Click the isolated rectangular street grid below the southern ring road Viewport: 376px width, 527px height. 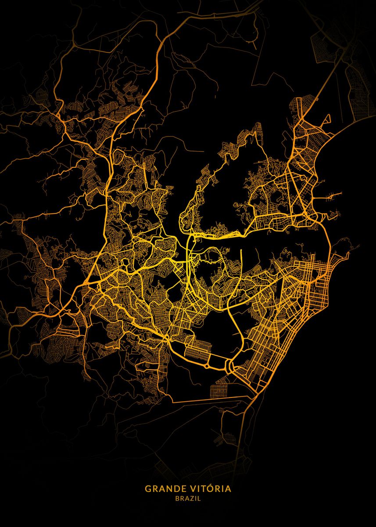tap(219, 390)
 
